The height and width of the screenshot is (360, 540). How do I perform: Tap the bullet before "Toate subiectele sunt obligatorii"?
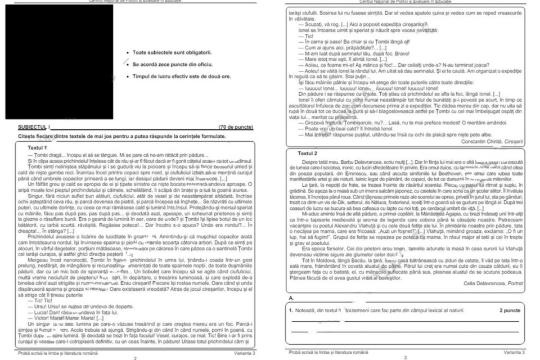coord(129,53)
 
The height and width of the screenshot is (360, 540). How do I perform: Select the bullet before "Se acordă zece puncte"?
coord(129,64)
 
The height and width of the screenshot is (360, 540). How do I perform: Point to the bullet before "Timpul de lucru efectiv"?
coord(129,75)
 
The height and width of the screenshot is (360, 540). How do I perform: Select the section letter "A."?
coord(291,297)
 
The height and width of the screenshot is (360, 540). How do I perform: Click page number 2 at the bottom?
coord(135,357)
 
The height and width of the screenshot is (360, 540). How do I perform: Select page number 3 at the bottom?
coord(405,357)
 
